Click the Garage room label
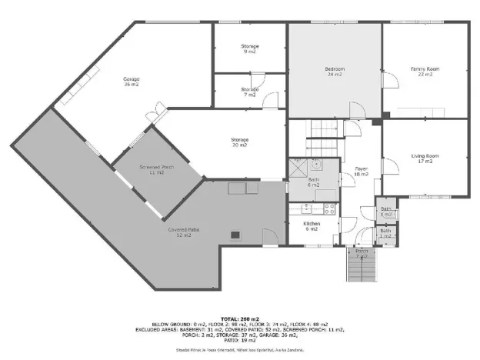132,82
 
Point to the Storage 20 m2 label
239,142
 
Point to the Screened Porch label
156,169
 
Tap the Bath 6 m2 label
313,183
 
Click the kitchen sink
307,207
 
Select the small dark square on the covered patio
235,236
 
